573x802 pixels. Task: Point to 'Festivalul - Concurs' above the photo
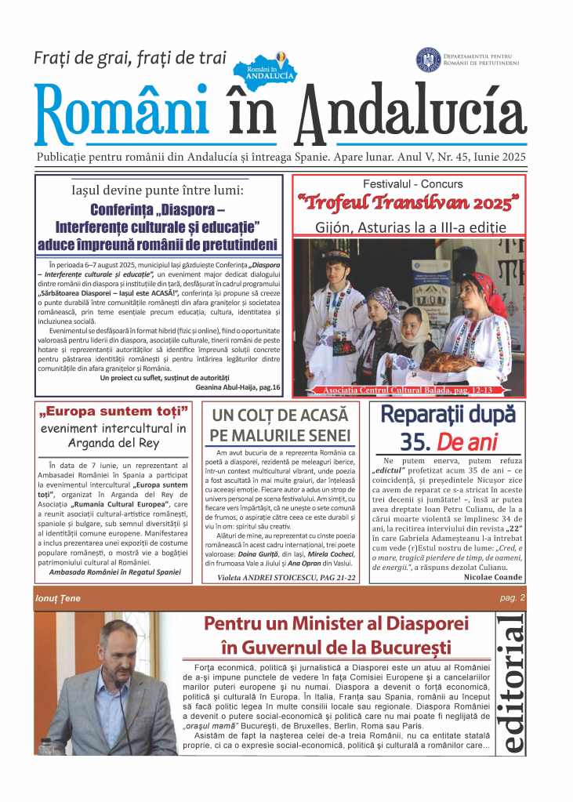tap(413, 184)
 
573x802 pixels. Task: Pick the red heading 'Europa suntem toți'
tap(114, 412)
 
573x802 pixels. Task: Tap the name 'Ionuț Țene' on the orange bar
tap(58, 599)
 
